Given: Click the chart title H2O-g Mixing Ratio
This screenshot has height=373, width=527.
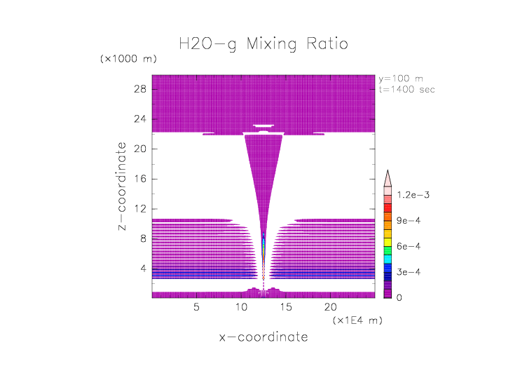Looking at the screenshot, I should point(263,44).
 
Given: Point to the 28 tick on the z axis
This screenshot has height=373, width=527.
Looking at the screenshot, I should point(139,89).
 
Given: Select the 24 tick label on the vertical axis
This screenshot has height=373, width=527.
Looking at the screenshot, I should point(139,119).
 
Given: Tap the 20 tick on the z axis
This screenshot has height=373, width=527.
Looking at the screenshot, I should point(139,149).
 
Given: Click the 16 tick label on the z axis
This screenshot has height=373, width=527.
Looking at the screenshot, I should point(139,179).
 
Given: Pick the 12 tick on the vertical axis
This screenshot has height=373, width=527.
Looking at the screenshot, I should point(139,208).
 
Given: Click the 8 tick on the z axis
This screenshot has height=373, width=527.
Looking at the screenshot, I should point(142,238).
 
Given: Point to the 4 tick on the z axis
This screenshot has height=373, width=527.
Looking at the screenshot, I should point(142,269).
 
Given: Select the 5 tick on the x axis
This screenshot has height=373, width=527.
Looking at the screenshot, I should point(196,306).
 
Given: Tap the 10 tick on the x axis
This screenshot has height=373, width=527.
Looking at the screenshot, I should point(241,306).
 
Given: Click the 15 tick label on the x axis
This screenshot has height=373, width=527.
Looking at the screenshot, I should point(285,306).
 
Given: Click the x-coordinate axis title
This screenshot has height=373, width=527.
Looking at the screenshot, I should point(263,337).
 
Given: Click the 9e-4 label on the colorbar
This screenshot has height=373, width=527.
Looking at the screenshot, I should point(407,221).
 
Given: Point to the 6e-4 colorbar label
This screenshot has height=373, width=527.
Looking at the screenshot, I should point(407,246).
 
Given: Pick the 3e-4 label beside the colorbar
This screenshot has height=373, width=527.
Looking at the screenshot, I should point(407,272).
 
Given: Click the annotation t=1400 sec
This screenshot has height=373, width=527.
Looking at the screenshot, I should point(406,89).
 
